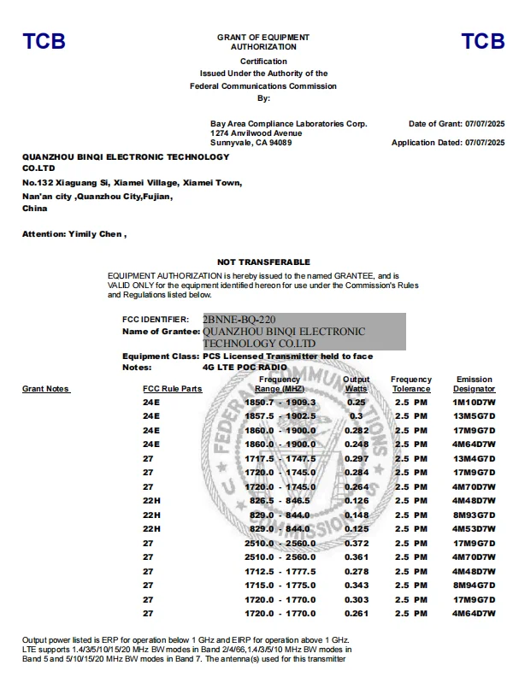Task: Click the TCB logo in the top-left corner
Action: tap(43, 41)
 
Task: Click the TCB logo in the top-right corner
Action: tap(482, 41)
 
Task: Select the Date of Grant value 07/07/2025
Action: tap(485, 124)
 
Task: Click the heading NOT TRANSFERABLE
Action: tap(263, 262)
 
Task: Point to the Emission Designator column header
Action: tap(475, 384)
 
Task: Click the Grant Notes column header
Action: tap(45, 389)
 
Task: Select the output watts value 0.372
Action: tap(356, 543)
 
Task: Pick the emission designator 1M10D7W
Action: tap(475, 402)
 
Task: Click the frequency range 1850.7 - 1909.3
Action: tap(280, 402)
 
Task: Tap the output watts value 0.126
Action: tap(356, 500)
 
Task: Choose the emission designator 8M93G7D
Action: tap(475, 515)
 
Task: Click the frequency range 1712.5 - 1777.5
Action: tap(280, 571)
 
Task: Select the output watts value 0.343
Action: tap(356, 585)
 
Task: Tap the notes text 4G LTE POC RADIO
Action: tap(244, 367)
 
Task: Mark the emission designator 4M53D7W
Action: tap(475, 528)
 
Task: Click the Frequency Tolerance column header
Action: tap(411, 384)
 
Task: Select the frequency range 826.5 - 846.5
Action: tap(280, 500)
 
